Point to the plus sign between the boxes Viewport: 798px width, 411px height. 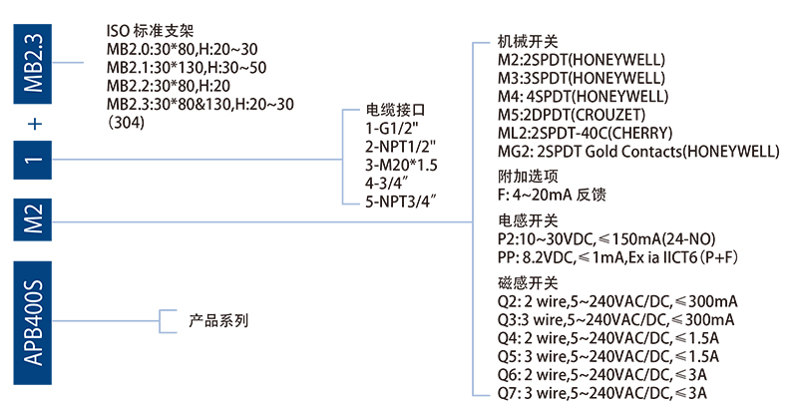tap(35, 125)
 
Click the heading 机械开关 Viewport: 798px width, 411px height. tap(528, 43)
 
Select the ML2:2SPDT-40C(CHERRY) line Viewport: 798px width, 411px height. tap(586, 133)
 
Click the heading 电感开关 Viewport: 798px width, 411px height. tap(528, 220)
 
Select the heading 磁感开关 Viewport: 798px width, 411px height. tap(528, 283)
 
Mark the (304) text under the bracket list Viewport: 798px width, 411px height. tap(126, 123)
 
